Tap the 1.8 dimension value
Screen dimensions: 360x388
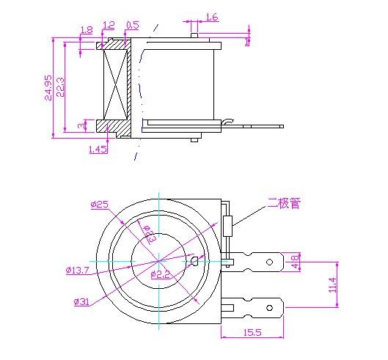click(86, 30)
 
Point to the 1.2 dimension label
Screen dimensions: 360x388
click(109, 25)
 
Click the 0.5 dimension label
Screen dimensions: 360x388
click(133, 25)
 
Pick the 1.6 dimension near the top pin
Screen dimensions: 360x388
click(211, 17)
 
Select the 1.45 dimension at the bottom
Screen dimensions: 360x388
click(98, 149)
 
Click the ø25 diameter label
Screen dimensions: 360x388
click(100, 205)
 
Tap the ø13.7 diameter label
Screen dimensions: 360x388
click(77, 271)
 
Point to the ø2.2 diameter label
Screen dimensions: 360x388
click(161, 274)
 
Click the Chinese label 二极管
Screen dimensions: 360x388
click(284, 203)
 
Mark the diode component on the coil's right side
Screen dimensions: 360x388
click(230, 225)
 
